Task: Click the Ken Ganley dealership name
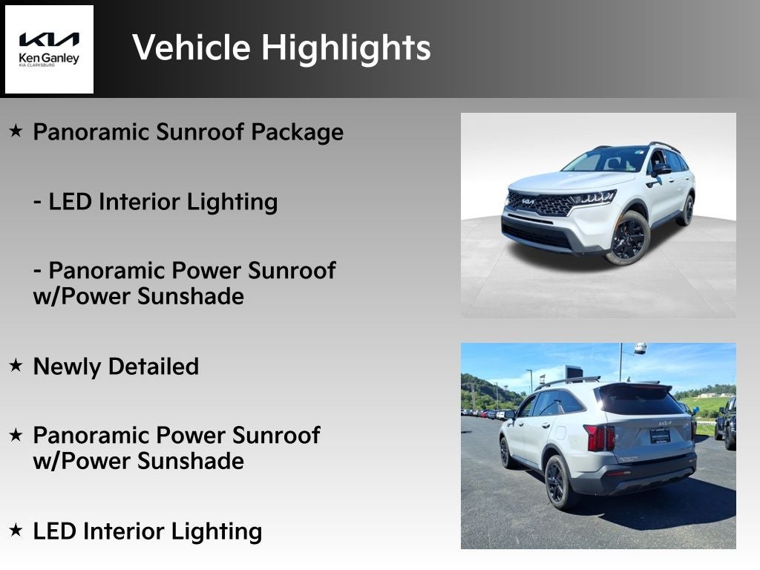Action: (x=48, y=58)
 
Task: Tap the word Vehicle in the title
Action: (x=191, y=47)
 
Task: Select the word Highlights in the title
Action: (x=346, y=48)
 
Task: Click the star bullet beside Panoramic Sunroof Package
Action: (x=16, y=130)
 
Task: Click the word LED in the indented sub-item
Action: (x=70, y=202)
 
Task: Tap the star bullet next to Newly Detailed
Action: (x=16, y=364)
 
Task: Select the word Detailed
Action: (x=154, y=367)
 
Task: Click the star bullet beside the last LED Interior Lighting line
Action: (x=16, y=529)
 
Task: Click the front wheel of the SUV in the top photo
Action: (x=628, y=238)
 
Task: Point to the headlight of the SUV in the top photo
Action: (x=593, y=197)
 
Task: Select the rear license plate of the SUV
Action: (x=660, y=436)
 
